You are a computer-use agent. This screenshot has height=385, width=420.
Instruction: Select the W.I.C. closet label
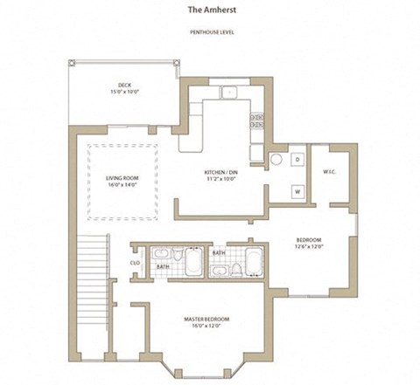(x=330, y=171)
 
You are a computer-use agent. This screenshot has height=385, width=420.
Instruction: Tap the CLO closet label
(x=136, y=262)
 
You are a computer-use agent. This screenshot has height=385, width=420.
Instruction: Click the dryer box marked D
(x=297, y=161)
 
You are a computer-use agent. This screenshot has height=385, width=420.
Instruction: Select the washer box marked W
(x=297, y=190)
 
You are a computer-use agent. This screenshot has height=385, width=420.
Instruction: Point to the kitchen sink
(x=229, y=92)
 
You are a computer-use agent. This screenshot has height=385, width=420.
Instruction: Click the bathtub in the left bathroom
(x=192, y=260)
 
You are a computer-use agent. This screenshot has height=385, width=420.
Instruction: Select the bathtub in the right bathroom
(x=254, y=260)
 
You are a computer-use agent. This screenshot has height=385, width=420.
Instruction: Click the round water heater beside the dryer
(x=275, y=161)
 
